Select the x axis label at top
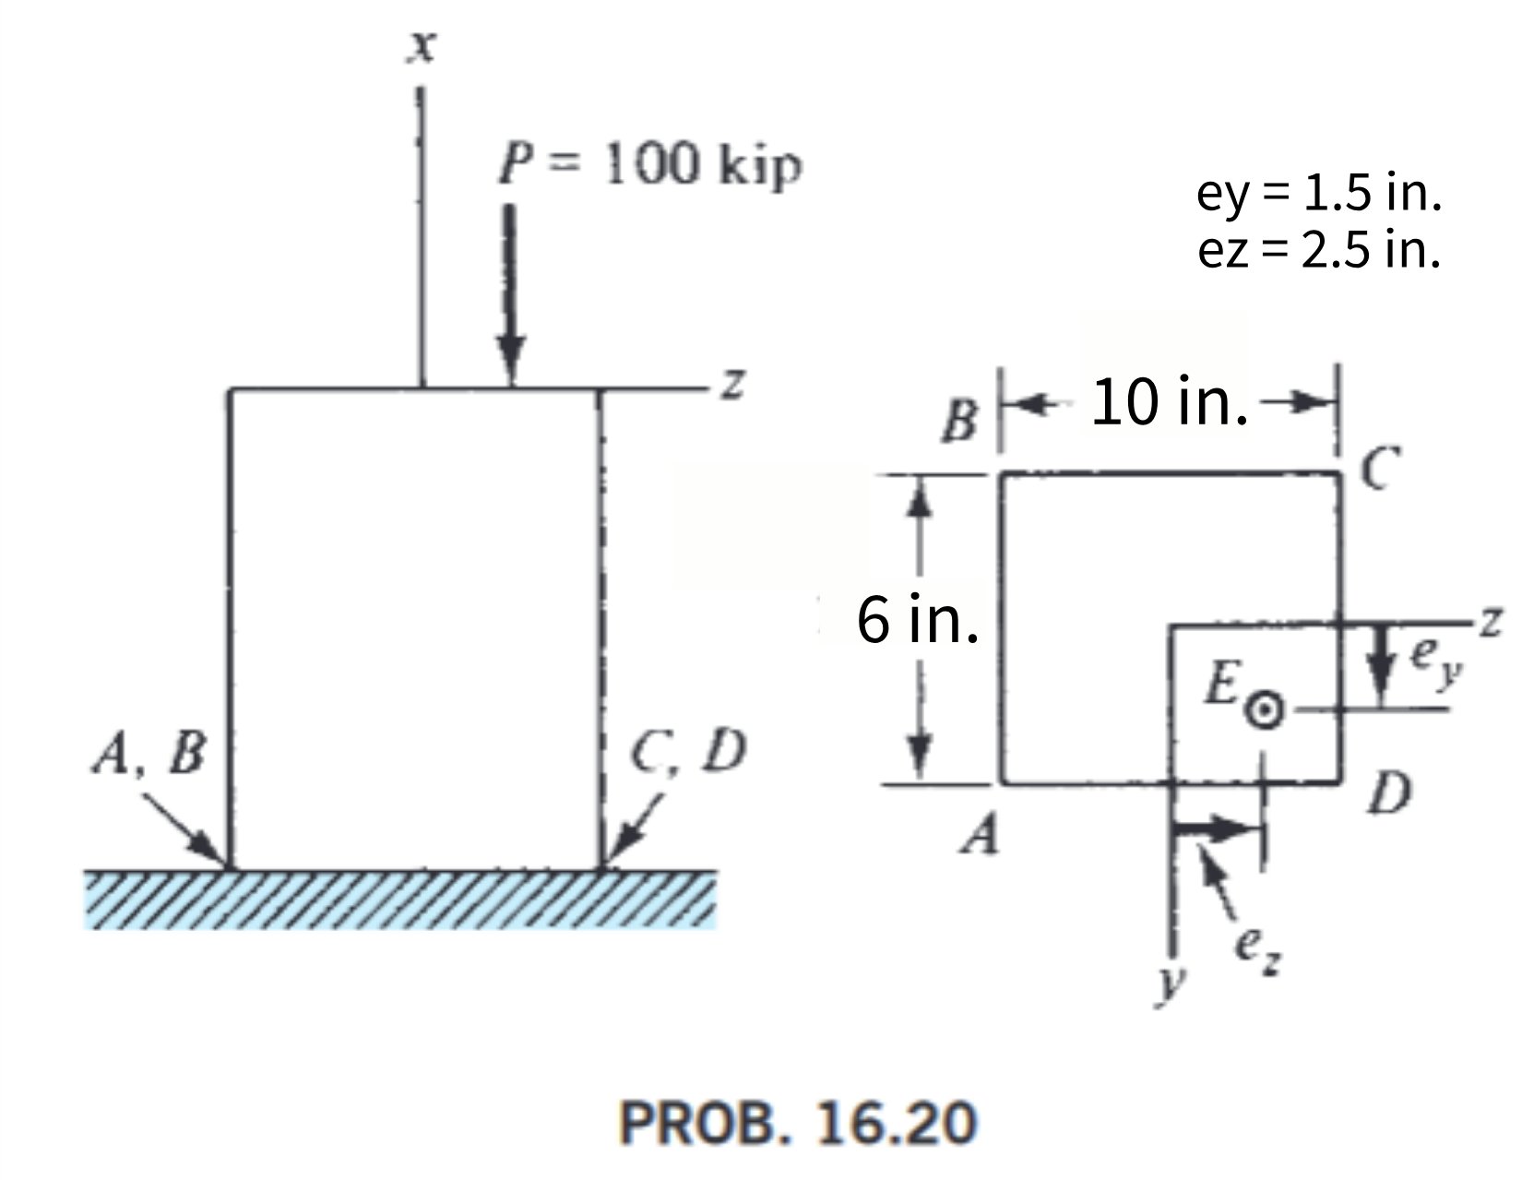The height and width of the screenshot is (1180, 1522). [x=422, y=46]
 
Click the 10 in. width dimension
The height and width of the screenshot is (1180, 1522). [x=1169, y=403]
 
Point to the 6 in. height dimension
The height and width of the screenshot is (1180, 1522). [x=917, y=620]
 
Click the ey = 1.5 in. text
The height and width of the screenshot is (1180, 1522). [x=1318, y=193]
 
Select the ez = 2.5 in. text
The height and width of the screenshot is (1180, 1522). [x=1318, y=249]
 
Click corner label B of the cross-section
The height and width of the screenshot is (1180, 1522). [x=960, y=423]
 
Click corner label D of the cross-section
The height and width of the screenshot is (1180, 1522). [x=1388, y=793]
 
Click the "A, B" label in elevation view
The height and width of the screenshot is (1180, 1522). [x=149, y=754]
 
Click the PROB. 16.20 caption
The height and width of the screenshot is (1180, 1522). [x=797, y=1124]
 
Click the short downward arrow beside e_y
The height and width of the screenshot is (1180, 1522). [x=1380, y=660]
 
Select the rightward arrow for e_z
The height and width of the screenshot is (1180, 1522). [x=1218, y=828]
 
